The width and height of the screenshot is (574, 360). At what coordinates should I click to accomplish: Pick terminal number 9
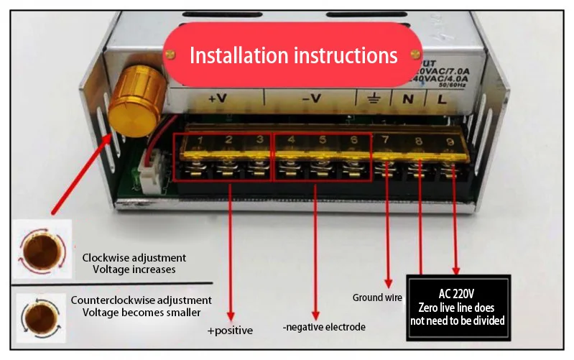pyautogui.click(x=450, y=142)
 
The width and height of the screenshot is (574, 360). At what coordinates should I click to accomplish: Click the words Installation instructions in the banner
pyautogui.click(x=293, y=55)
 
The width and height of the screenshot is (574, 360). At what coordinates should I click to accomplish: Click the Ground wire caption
pyautogui.click(x=376, y=297)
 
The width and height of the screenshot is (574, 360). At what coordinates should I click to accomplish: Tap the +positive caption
pyautogui.click(x=231, y=331)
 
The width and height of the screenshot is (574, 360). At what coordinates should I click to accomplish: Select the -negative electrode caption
pyautogui.click(x=324, y=327)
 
